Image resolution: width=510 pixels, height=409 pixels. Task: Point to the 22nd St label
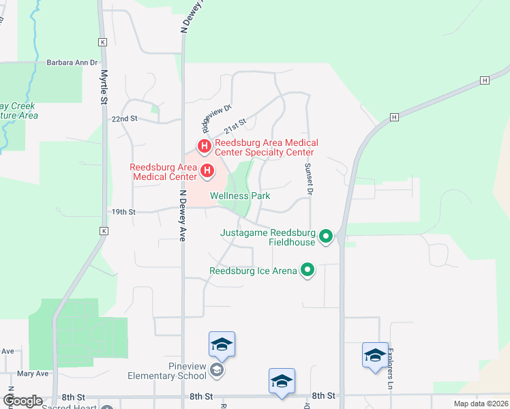point(125,119)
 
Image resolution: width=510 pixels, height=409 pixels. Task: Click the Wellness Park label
point(240,196)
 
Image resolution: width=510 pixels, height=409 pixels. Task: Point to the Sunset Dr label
point(308,179)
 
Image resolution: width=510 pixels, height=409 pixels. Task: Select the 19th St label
point(124,212)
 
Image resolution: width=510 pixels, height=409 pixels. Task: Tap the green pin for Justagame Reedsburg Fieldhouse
point(326,237)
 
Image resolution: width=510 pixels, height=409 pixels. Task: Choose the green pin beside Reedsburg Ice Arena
point(307,271)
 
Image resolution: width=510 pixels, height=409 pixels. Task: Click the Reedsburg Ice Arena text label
point(253,271)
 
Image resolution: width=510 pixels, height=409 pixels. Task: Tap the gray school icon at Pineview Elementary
point(217,370)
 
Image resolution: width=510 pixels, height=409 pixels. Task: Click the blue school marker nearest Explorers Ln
point(375,356)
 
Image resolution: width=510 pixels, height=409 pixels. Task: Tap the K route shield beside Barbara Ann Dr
point(103,42)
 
